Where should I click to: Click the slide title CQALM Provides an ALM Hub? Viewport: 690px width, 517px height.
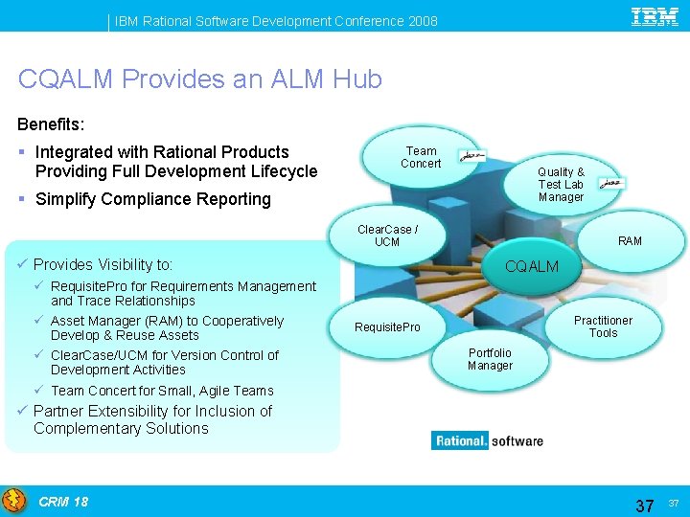[199, 79]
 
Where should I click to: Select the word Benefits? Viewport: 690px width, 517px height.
[51, 124]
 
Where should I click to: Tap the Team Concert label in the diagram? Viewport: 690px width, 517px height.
[421, 157]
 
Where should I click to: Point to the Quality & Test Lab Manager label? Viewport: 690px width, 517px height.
[561, 185]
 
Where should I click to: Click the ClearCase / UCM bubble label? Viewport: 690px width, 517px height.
[387, 236]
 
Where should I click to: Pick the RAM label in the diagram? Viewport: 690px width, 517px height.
[630, 240]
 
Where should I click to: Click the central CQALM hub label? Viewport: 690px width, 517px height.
[532, 266]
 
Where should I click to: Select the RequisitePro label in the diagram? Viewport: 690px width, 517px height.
[387, 327]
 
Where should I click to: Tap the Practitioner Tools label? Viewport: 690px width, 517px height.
[603, 326]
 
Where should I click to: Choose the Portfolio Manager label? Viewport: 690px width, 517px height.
[490, 359]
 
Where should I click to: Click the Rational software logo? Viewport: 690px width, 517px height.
[488, 441]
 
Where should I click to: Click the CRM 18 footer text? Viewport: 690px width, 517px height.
[63, 502]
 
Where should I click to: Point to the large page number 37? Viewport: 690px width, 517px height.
[645, 505]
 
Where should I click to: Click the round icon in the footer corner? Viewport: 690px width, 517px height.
[14, 501]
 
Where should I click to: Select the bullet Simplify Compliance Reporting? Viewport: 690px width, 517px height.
[152, 199]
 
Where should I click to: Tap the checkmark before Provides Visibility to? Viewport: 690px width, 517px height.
[24, 264]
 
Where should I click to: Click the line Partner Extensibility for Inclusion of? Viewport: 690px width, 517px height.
[152, 411]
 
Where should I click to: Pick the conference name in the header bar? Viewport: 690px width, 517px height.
[276, 20]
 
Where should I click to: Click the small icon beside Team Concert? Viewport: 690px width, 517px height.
[471, 155]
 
